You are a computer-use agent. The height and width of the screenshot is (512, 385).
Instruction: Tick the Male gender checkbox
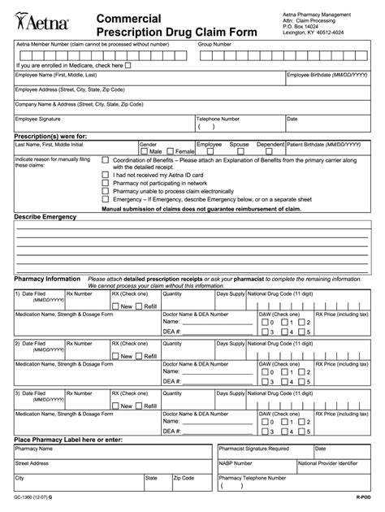click(145, 151)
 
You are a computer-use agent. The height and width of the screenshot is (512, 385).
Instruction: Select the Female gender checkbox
click(171, 151)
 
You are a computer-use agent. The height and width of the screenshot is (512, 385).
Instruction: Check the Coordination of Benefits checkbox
click(105, 161)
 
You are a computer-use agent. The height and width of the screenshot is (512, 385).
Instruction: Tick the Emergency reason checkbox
click(105, 199)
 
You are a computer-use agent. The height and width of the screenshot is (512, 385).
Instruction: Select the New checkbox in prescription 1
click(116, 306)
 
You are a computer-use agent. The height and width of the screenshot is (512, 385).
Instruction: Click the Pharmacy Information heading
click(47, 278)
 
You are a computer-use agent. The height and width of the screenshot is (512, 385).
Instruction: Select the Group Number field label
click(215, 45)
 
